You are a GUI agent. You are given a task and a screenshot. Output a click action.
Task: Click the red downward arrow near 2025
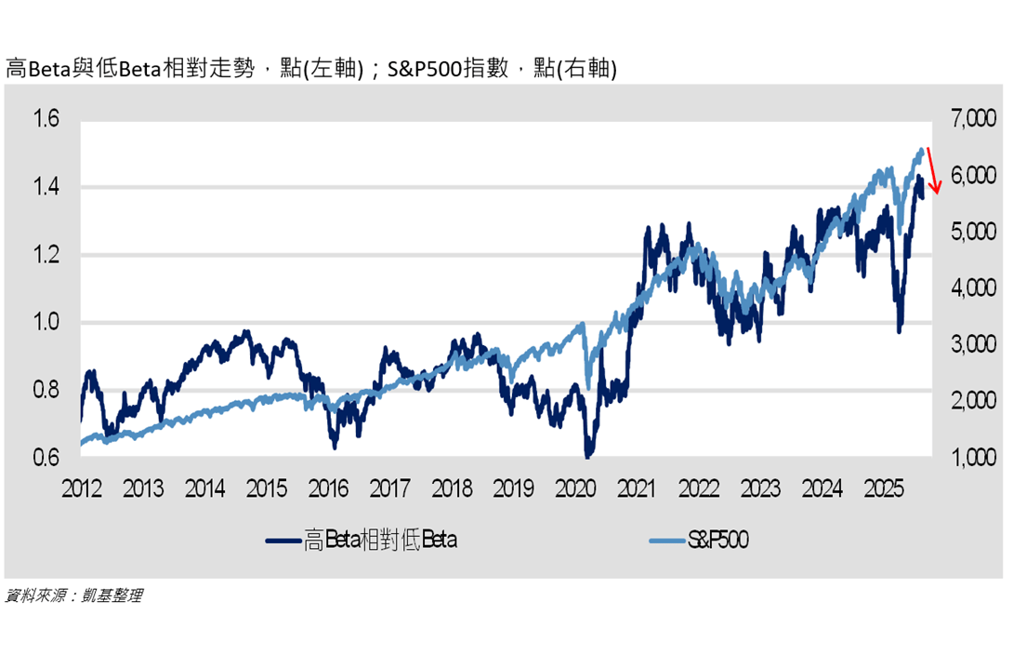click(933, 170)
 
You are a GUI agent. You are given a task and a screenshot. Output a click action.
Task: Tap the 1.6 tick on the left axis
click(46, 119)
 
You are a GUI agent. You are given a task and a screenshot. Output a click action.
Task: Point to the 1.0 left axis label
click(46, 321)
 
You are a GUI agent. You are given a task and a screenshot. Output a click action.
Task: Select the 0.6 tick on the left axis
click(46, 457)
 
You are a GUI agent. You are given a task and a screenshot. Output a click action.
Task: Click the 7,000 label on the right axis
click(973, 118)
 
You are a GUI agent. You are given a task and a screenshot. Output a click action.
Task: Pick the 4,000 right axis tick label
click(973, 287)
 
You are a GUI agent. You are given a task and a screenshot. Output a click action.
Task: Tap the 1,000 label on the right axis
click(973, 457)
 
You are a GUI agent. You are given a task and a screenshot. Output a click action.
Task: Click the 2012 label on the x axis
click(82, 488)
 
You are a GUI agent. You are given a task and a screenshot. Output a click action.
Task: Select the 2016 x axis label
click(328, 488)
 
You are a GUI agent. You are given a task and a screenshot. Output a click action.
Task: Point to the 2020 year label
click(575, 488)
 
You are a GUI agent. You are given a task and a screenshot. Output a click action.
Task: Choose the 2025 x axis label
click(884, 488)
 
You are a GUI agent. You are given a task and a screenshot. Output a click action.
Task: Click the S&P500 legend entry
click(699, 540)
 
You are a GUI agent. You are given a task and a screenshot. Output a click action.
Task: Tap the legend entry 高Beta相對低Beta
click(362, 540)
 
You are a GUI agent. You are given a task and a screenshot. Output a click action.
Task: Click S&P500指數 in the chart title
click(448, 68)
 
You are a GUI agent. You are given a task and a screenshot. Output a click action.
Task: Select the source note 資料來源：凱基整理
click(73, 595)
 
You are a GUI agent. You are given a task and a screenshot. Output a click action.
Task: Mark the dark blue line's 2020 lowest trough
click(587, 456)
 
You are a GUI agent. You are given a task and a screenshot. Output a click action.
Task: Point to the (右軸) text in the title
click(586, 68)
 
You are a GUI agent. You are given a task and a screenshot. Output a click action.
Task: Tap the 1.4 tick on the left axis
click(46, 187)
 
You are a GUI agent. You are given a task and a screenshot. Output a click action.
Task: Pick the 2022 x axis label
click(698, 488)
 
